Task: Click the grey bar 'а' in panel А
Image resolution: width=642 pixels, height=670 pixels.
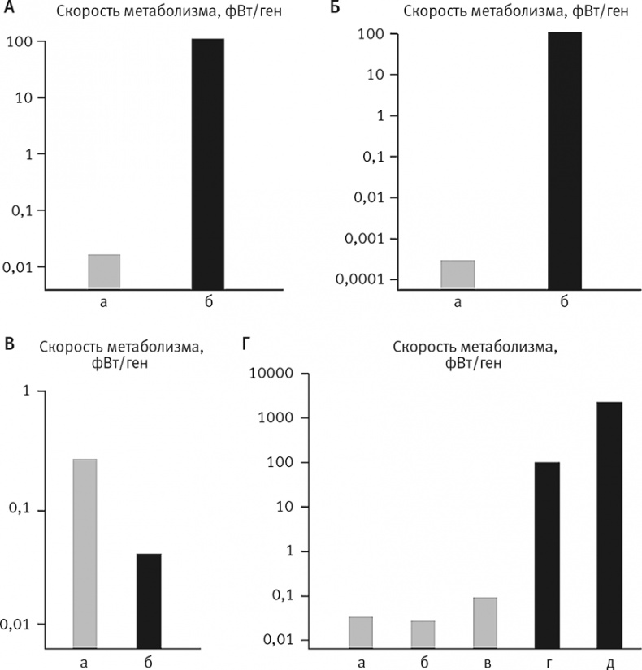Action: point(103,271)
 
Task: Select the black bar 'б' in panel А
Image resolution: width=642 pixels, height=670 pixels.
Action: point(207,162)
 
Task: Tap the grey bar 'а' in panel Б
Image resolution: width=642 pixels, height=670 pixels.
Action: point(458,274)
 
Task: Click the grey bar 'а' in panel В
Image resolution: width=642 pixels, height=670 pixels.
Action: point(85,553)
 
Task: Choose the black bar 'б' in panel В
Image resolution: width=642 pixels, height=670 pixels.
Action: point(149,600)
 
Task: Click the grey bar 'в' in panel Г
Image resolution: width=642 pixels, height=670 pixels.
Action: point(485,622)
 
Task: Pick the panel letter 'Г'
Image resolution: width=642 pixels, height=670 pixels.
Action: point(247,346)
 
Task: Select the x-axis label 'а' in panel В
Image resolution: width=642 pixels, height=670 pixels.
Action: point(85,664)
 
